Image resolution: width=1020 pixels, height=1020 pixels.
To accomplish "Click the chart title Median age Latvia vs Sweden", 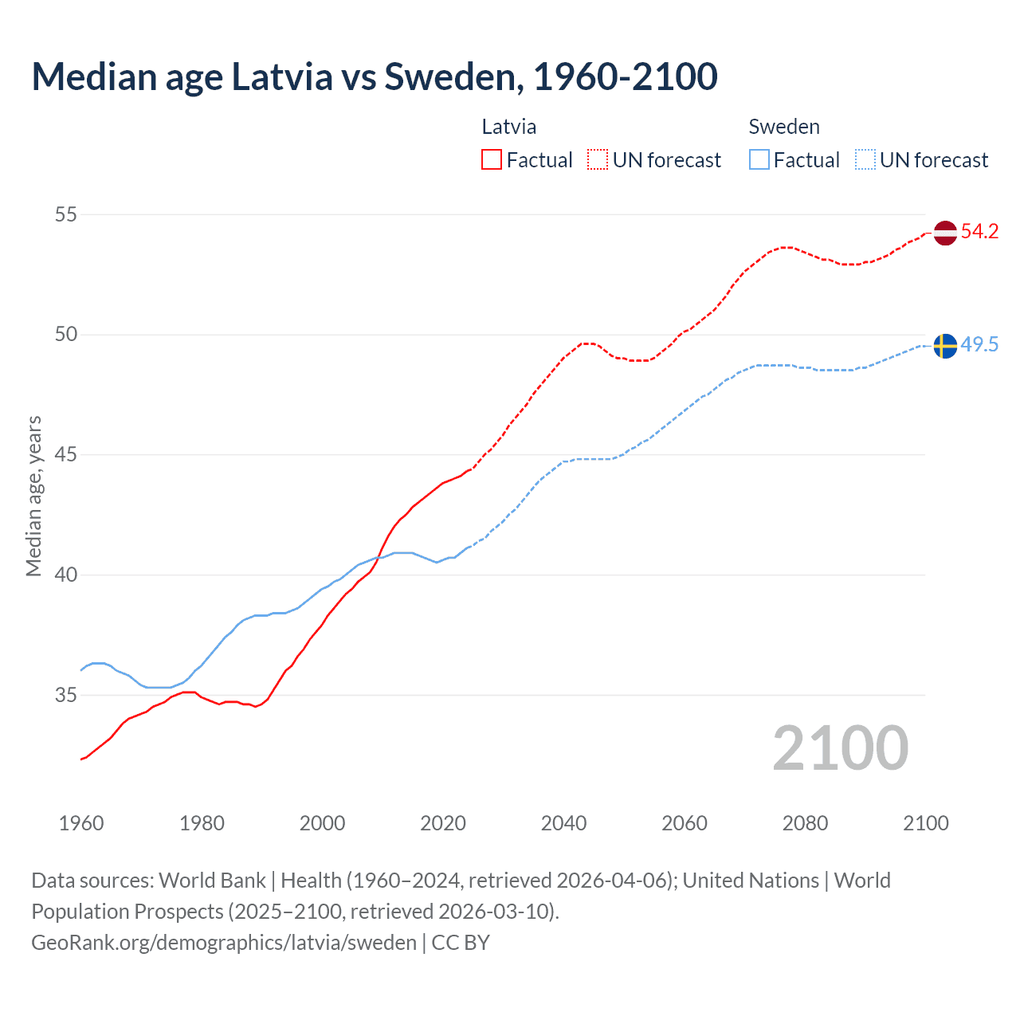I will pos(375,76).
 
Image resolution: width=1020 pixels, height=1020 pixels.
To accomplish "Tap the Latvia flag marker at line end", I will pos(944,233).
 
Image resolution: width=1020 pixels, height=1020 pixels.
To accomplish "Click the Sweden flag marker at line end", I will pos(944,346).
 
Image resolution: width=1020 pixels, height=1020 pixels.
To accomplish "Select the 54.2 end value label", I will pos(979,232).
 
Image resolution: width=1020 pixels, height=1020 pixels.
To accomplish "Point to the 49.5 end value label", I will pos(979,345).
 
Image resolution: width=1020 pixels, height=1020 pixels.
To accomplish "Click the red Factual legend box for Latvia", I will pos(492,160).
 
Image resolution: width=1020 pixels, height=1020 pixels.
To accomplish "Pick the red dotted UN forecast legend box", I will pos(598,160).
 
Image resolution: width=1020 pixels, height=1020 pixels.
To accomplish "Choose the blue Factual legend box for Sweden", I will pos(759,160).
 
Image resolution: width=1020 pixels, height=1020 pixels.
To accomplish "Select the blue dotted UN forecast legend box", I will pos(865,160).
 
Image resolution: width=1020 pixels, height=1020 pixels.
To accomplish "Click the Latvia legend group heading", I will pos(509,127).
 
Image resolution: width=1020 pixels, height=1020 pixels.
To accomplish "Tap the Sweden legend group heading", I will pos(784,127).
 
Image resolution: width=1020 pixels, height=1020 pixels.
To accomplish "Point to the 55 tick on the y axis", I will pos(66,214).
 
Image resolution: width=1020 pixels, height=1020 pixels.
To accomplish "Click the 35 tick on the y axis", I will pos(66,695).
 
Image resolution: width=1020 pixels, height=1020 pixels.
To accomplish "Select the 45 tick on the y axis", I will pos(66,455).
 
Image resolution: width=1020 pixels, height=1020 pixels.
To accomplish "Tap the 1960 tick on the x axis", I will pos(81,823).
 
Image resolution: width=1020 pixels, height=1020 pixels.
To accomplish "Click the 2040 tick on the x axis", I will pos(563,823).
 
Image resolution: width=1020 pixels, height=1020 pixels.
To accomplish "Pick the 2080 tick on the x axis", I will pos(805,823).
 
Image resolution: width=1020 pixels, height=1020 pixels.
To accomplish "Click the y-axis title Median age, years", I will pos(33,496).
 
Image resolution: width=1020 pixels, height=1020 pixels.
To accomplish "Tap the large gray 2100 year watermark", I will pos(840,747).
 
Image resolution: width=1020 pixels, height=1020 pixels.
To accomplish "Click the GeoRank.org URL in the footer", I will pos(224,943).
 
